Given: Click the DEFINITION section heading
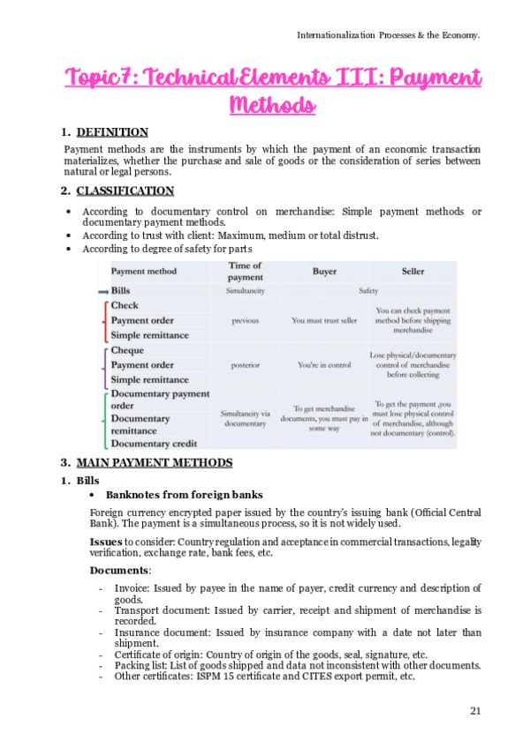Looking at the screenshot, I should coord(112,132).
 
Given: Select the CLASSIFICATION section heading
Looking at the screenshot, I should coord(125,191).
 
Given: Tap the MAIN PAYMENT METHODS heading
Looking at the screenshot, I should coord(155,462).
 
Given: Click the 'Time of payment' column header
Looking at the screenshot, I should coord(245,271).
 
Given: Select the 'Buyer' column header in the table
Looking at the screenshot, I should coord(324,272).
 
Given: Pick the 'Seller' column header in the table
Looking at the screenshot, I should coord(413,272).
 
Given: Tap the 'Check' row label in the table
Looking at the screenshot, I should coord(125,305).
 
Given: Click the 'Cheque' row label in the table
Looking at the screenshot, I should coord(128,350).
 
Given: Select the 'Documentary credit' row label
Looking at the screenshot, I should coord(155,444).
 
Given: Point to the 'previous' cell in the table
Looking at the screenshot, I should coord(245,321).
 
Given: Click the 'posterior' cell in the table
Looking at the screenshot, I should coord(245,365).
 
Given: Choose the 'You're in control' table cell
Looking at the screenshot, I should coord(324,365).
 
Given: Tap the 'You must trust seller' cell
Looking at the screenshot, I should coord(324,321).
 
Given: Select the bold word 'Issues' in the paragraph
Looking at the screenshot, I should coord(106,541).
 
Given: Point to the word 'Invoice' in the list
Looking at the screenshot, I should coord(132,588).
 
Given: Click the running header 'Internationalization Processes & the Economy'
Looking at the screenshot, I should coord(388,34).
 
